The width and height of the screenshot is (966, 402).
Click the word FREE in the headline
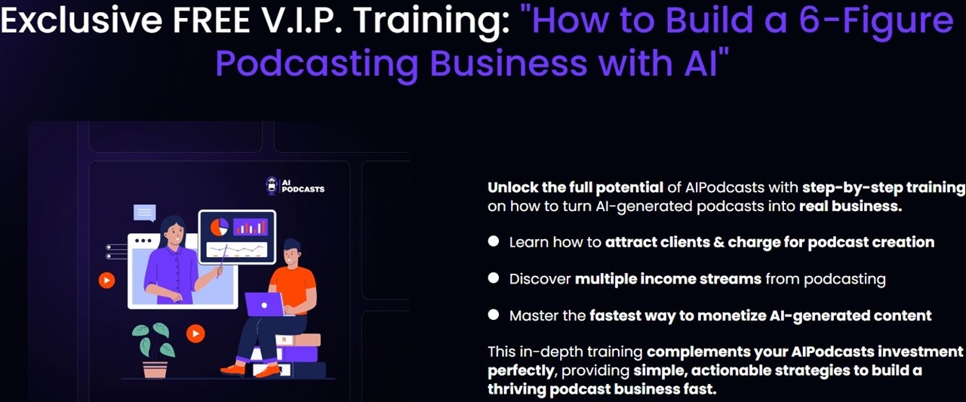(x=211, y=20)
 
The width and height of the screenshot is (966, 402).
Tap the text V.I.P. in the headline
(x=302, y=20)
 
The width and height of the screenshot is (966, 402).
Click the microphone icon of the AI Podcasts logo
(x=271, y=186)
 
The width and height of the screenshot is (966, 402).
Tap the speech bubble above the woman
(x=144, y=213)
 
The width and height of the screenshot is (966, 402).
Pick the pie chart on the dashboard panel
(x=219, y=227)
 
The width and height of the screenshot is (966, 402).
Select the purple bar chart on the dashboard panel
(x=250, y=226)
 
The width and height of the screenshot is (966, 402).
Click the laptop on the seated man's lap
(x=265, y=304)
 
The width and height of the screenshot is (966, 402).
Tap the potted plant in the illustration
(x=154, y=350)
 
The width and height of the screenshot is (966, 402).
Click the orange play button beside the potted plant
(x=195, y=333)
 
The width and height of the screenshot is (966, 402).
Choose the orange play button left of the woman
(x=106, y=281)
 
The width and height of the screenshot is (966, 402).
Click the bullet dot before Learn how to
(x=494, y=241)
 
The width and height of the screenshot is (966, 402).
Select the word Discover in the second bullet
(x=540, y=279)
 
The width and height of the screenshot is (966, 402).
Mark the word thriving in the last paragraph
(x=516, y=389)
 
